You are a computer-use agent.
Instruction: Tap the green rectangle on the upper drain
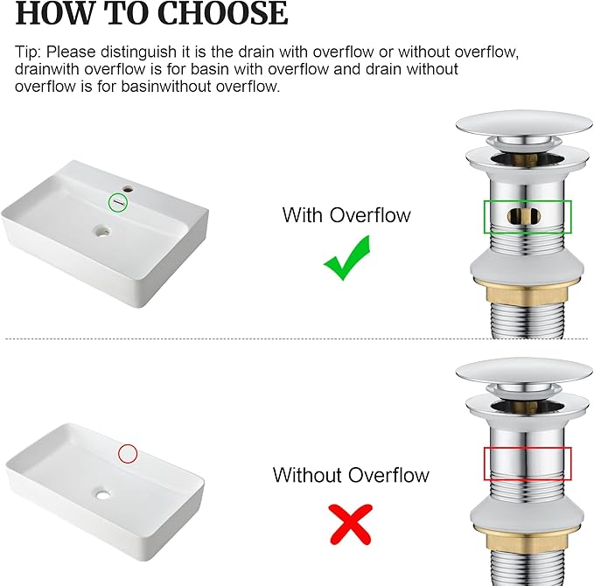coord(528,217)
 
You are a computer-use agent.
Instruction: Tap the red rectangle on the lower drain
coord(527,464)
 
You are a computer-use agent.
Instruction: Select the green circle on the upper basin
coord(118,203)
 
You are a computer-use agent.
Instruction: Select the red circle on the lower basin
coord(128,453)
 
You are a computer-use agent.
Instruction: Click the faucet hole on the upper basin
coord(129,188)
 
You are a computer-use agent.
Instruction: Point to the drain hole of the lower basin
coord(105,495)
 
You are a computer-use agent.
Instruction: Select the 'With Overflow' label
coord(346,215)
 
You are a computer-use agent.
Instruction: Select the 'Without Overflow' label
coord(351,475)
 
